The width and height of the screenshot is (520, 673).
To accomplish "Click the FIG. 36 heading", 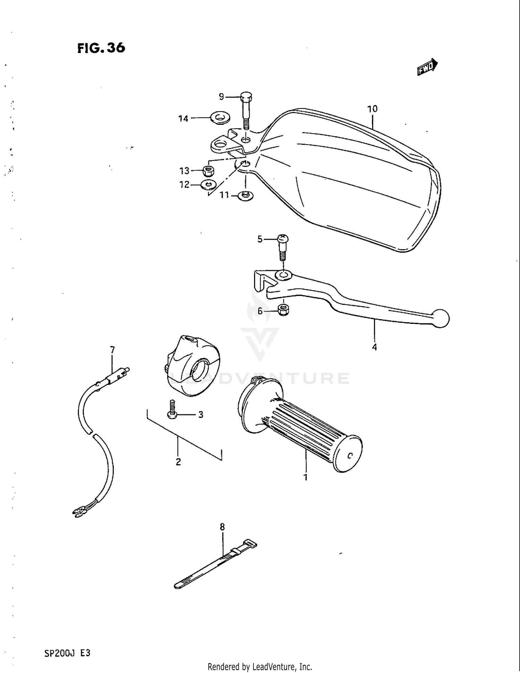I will click(101, 48).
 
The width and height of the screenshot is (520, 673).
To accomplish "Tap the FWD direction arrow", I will click(427, 67).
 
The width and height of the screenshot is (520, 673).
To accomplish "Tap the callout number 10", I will click(372, 109).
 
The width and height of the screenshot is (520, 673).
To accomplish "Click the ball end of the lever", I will click(441, 318).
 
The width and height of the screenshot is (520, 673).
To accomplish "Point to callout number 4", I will click(374, 347).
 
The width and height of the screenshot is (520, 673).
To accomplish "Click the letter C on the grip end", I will click(349, 456).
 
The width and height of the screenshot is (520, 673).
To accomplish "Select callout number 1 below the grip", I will click(305, 477).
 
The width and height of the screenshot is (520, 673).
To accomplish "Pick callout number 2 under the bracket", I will click(178, 462).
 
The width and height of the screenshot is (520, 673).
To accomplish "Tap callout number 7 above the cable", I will click(112, 350).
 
